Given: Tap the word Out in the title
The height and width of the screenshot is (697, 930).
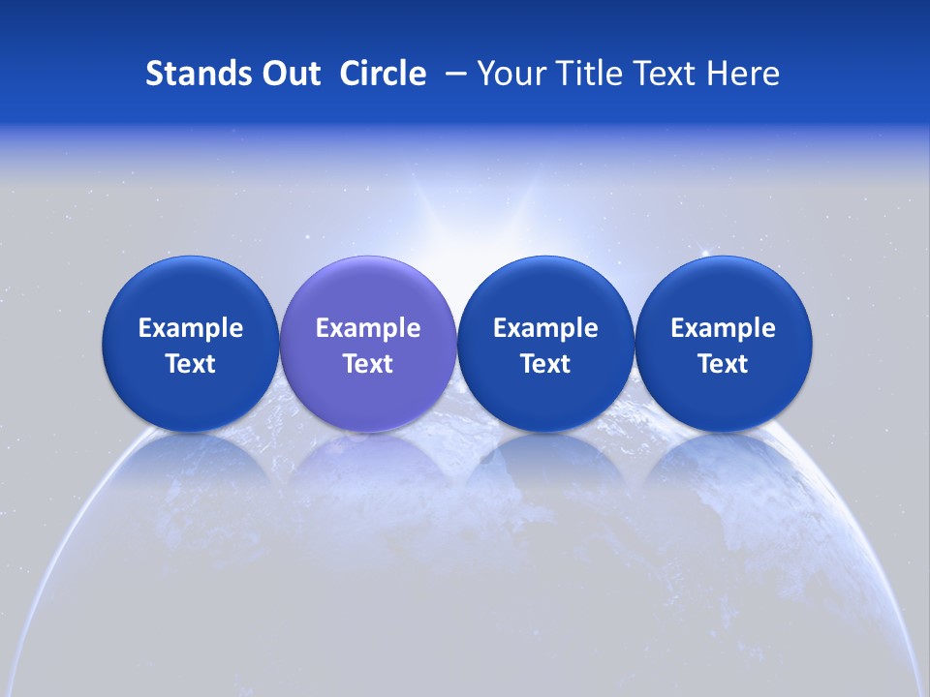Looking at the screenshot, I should click(x=288, y=74).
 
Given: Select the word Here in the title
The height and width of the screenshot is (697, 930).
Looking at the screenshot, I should click(x=743, y=74).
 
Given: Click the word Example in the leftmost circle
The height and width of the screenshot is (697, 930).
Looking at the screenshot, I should click(x=191, y=328).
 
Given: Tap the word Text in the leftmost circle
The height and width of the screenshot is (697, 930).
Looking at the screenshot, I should click(x=191, y=364).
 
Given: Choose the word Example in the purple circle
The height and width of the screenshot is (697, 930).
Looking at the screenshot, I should click(x=368, y=328).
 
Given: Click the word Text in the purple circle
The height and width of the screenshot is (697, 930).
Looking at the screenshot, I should click(x=368, y=364).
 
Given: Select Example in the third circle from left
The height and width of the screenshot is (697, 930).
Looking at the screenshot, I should click(x=545, y=328).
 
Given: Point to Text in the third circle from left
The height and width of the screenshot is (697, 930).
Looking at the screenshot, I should click(x=545, y=364).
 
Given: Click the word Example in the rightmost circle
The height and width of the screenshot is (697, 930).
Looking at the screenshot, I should click(x=723, y=328).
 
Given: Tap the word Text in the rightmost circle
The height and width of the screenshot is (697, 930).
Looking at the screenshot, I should click(x=723, y=364).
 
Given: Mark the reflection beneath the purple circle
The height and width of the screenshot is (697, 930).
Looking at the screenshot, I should click(x=368, y=465).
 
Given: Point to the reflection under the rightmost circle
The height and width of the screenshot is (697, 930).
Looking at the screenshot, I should click(x=723, y=465).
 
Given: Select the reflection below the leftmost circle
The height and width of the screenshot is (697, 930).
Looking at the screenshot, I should click(x=191, y=465).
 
